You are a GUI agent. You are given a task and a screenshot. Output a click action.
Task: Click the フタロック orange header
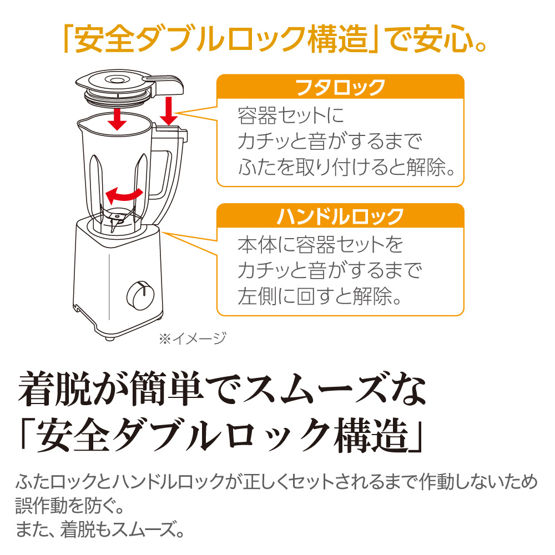coord(340,87)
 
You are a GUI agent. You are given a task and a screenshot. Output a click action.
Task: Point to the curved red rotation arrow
coord(124,194)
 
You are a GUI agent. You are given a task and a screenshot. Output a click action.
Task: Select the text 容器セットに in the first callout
coord(291,117)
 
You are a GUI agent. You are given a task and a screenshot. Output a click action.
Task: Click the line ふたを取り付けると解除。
coord(350,166)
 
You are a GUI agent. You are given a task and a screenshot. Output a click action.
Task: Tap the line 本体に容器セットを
coord(320,244)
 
